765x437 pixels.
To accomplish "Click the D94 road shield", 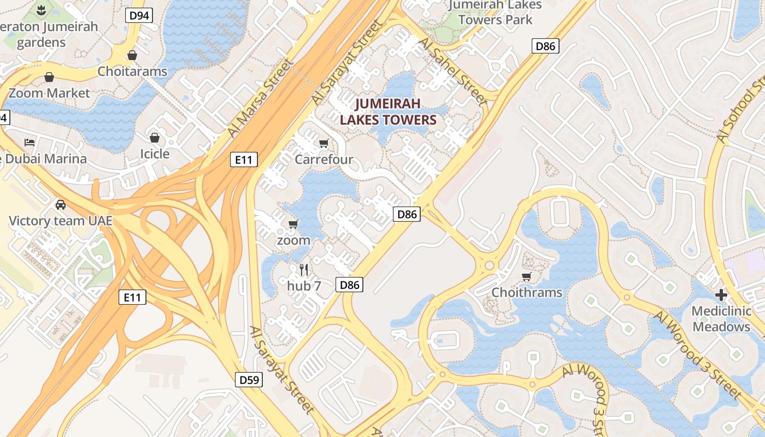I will (x=139, y=15).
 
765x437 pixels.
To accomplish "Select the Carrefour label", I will (x=324, y=160).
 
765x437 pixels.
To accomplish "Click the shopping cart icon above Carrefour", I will (x=324, y=144).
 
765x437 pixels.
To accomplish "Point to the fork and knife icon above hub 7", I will (x=304, y=269).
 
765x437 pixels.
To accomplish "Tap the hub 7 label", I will (x=304, y=286).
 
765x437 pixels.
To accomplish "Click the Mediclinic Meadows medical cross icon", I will (x=721, y=295).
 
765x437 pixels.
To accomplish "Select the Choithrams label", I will (x=527, y=292).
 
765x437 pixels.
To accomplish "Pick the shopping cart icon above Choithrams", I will (x=526, y=276).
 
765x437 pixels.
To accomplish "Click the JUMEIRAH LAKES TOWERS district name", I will (x=389, y=111).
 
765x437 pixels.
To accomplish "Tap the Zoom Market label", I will (x=49, y=93).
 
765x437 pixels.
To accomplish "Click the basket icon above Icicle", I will (x=155, y=137).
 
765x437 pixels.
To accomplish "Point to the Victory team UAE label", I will (x=61, y=221).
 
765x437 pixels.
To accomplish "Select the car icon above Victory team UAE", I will (x=61, y=205).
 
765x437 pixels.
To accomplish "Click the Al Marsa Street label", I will (x=259, y=99).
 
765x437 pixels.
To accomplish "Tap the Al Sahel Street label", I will (x=453, y=72).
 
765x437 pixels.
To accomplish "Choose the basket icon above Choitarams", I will (x=132, y=55).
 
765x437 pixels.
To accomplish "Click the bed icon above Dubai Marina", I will (x=30, y=143).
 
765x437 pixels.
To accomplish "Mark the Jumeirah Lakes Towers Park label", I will (x=495, y=13).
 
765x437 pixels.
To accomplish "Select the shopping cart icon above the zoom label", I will (x=293, y=224).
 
